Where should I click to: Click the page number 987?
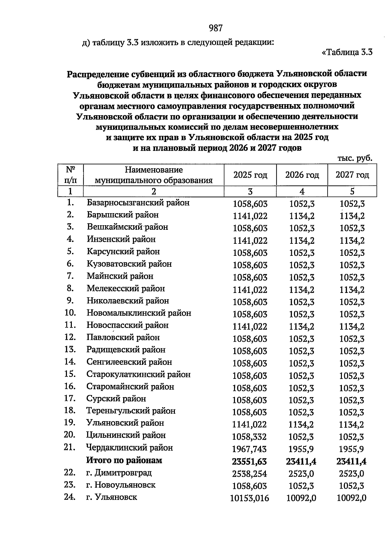coord(216,28)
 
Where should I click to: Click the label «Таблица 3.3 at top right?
coord(347,52)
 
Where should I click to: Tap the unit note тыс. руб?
coord(355,159)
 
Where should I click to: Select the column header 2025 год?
coord(250,175)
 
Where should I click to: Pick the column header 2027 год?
coord(352,175)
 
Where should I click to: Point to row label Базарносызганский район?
coord(138,203)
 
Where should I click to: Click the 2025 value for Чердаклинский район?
coord(250,449)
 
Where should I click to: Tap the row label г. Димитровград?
coord(119,473)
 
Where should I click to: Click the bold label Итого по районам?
coord(124,460)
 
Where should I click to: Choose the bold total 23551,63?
coord(250,462)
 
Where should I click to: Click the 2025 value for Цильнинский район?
coord(250,437)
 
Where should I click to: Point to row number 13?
coord(70,350)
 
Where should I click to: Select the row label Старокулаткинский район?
coord(138,374)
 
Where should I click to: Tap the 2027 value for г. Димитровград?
coord(352,474)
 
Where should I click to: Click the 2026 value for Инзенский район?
coord(302,241)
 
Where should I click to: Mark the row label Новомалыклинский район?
coord(139,313)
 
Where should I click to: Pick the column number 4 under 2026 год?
coord(302,191)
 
